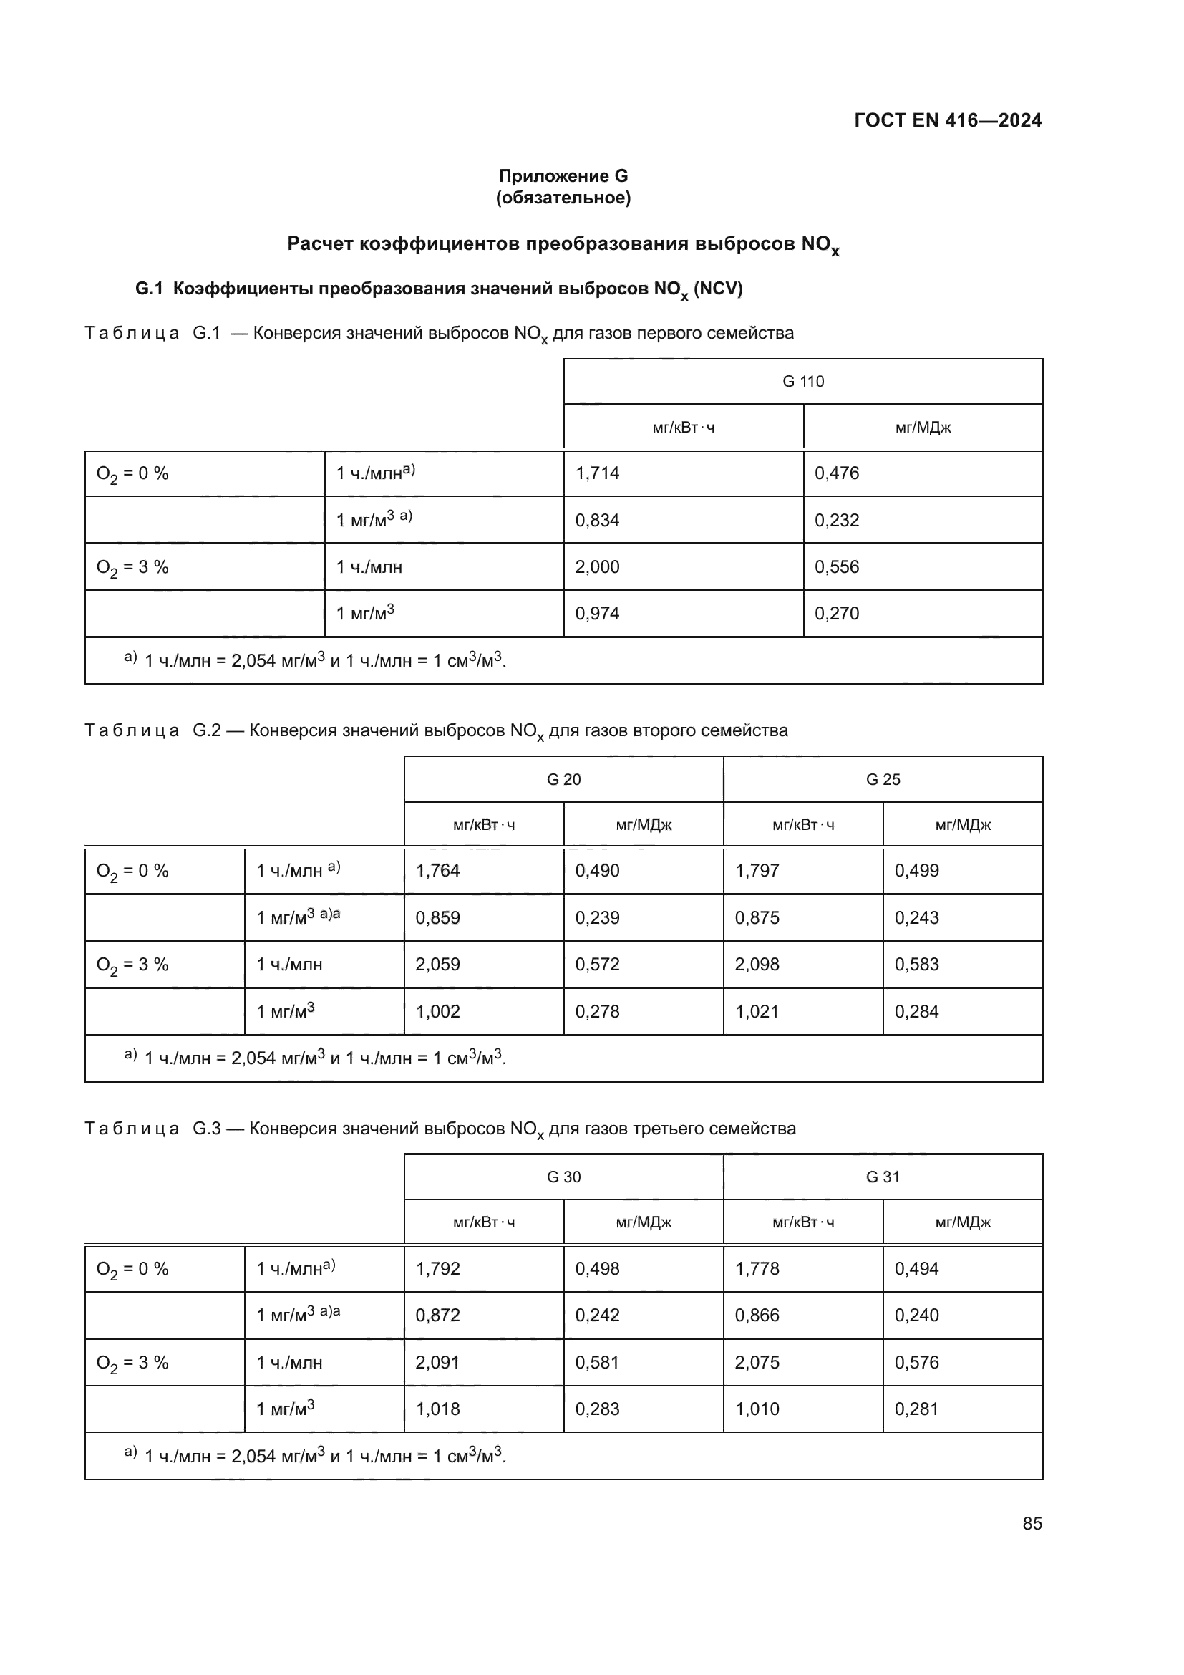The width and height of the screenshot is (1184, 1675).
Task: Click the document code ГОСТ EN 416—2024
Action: click(x=947, y=120)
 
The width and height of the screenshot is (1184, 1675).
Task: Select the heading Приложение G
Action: click(x=563, y=176)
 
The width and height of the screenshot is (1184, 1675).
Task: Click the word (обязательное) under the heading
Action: click(x=563, y=198)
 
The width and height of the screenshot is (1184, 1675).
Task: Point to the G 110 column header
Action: click(x=802, y=382)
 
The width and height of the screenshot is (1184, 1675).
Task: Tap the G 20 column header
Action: click(x=563, y=779)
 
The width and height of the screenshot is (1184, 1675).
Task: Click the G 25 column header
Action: click(x=883, y=779)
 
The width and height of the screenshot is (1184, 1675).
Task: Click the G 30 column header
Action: click(x=563, y=1177)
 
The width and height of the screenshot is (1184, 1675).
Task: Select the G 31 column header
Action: click(x=883, y=1177)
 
